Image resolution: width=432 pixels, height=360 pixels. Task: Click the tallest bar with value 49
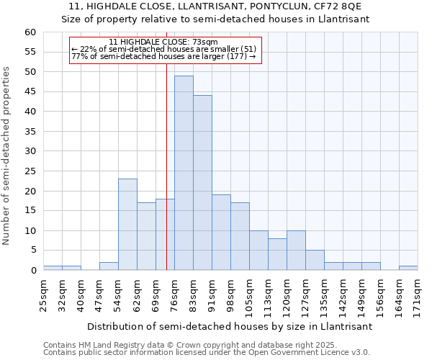click(x=184, y=173)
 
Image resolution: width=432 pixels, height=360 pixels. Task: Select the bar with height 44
click(x=202, y=183)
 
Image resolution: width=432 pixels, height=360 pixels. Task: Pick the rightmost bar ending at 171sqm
click(x=408, y=268)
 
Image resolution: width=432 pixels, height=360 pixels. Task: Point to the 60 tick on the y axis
click(x=30, y=32)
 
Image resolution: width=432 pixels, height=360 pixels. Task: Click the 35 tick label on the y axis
click(x=30, y=132)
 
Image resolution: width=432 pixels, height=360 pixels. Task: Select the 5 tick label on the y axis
click(x=33, y=251)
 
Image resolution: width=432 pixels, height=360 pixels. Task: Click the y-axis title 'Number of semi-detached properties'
click(x=7, y=156)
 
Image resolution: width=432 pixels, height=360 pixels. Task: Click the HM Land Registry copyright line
click(x=166, y=345)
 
